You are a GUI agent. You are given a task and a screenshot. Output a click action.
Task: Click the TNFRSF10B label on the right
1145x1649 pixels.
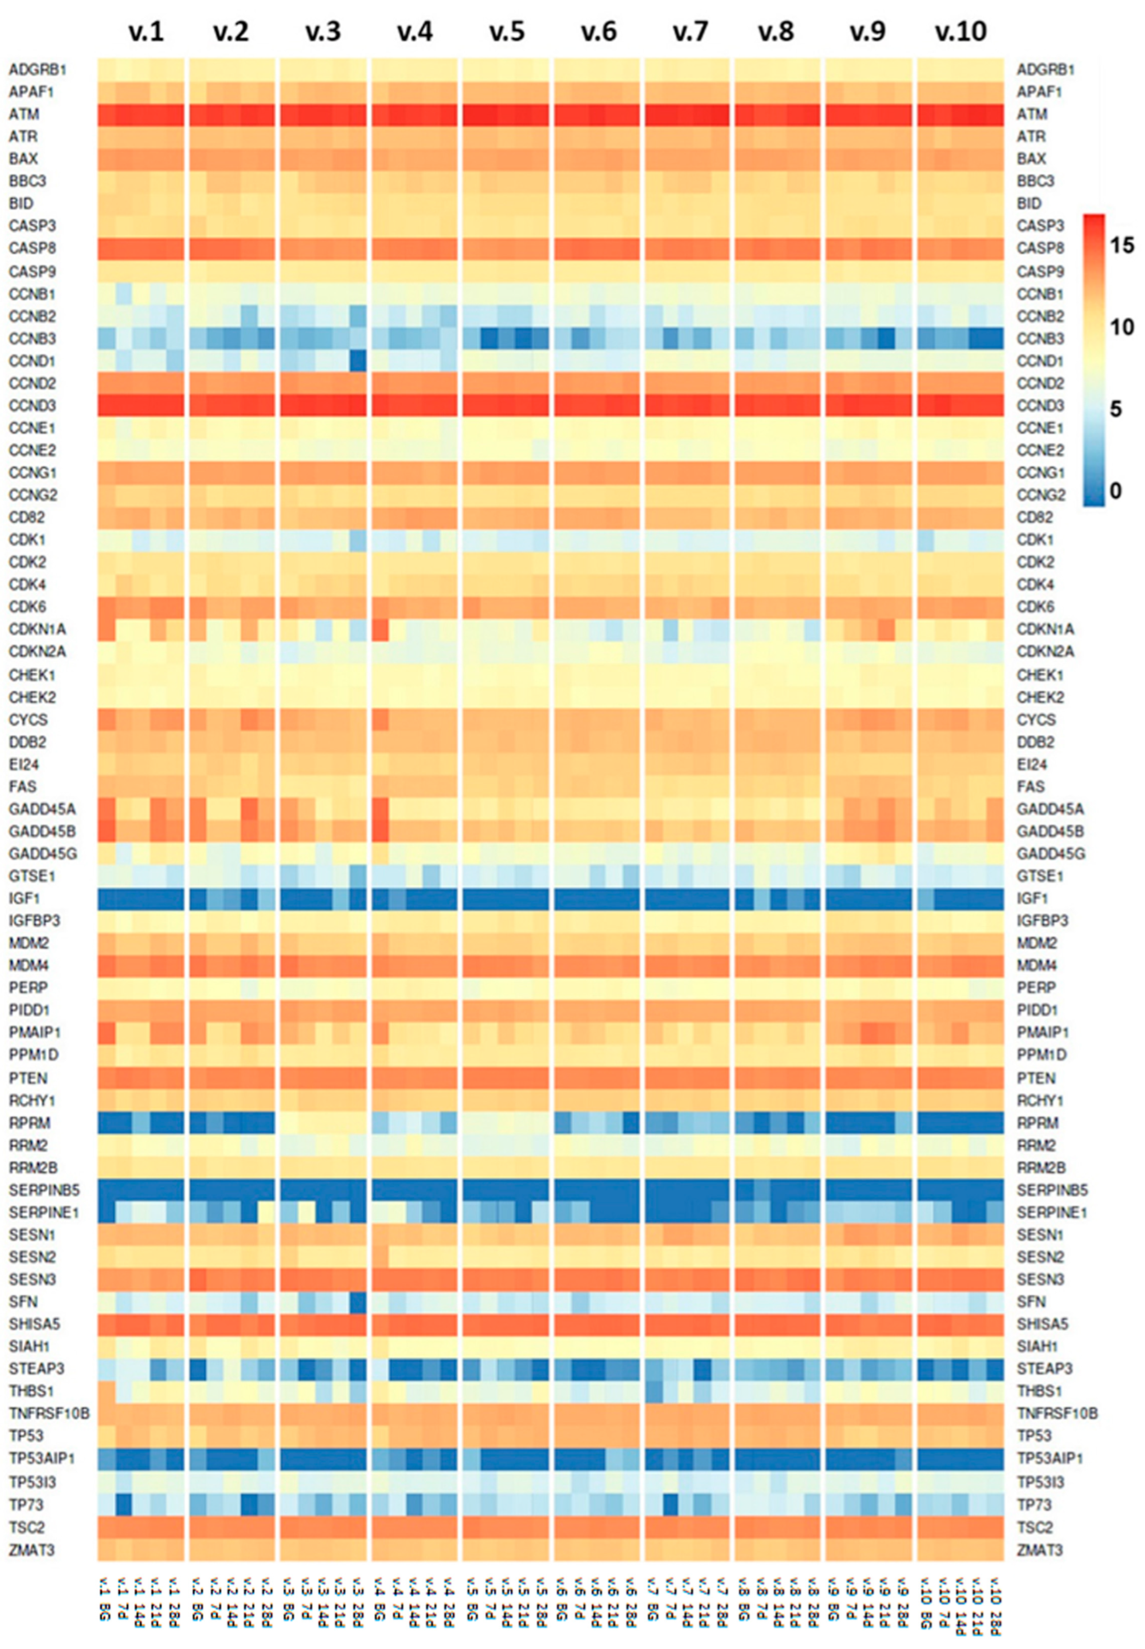1057,1413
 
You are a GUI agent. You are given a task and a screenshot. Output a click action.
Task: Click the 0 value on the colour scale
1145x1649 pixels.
1115,490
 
